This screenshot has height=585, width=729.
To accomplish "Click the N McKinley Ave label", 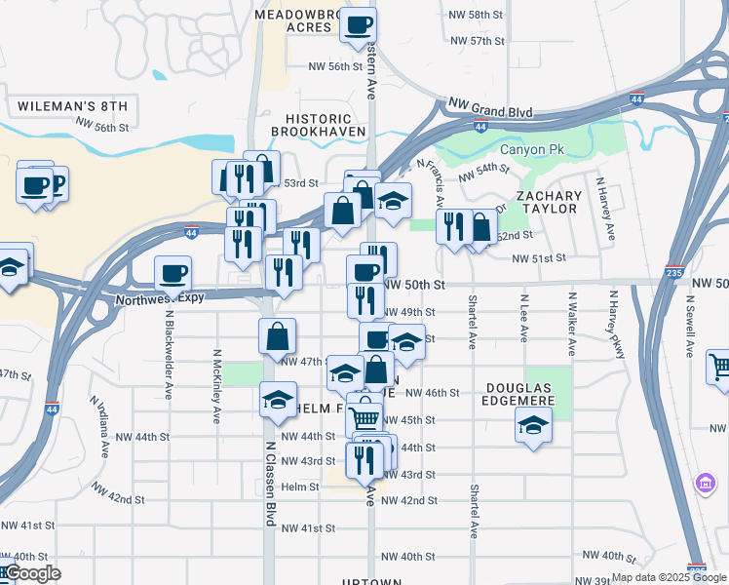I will tap(215, 387).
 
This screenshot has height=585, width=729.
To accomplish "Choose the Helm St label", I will tap(299, 487).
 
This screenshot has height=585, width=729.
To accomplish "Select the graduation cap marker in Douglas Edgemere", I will tap(533, 425).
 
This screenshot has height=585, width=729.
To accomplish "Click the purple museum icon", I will tap(705, 483).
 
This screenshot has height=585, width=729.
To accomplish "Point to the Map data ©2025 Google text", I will tap(669, 577).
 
